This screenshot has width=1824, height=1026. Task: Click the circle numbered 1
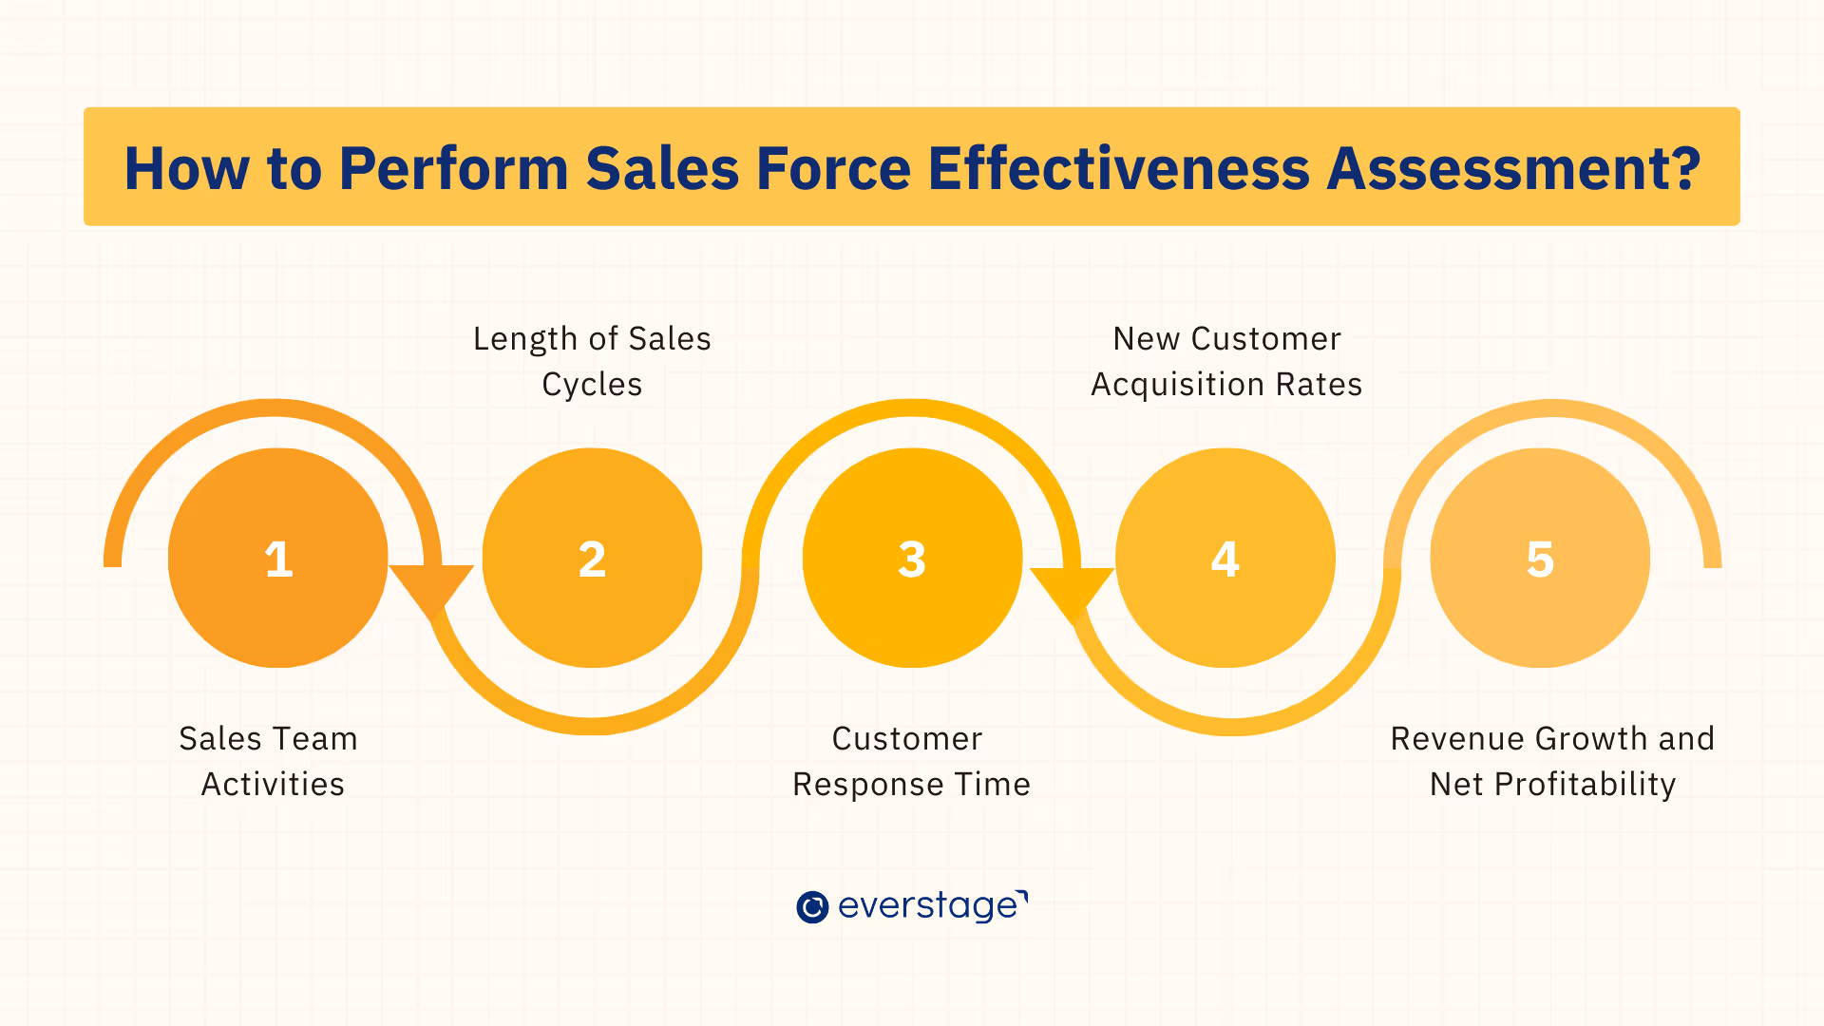coord(277,558)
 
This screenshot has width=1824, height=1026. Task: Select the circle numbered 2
coord(592,558)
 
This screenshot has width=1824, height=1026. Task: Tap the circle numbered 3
coord(912,558)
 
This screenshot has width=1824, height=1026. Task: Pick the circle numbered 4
coord(1225,558)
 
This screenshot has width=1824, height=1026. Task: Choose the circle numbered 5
coord(1540,558)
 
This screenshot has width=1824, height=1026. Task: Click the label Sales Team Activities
coord(270,761)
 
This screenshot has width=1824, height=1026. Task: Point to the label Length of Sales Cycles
coord(592,361)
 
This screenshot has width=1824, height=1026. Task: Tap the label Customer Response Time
coord(911,761)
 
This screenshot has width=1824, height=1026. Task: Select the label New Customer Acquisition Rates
coord(1226,361)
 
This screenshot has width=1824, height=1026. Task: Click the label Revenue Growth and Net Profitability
coord(1552,761)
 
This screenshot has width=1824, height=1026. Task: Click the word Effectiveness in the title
coord(1118,169)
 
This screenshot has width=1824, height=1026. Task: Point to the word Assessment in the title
coord(1512,169)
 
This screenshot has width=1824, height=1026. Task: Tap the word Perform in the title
coord(453,169)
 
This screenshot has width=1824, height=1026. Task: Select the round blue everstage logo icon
coord(812,907)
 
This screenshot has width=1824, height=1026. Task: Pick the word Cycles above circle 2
coord(592,385)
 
